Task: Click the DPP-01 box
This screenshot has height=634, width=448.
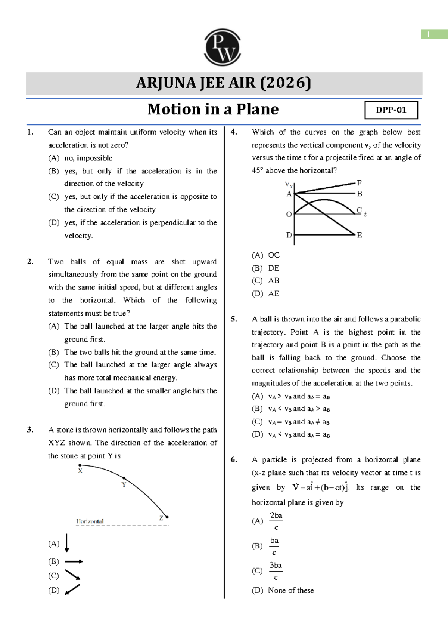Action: tap(391, 110)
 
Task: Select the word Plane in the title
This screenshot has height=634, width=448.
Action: tap(258, 110)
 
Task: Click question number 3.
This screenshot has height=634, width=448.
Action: tap(30, 430)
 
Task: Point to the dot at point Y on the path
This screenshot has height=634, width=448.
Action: tap(124, 478)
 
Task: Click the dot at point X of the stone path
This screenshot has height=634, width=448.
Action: tap(80, 465)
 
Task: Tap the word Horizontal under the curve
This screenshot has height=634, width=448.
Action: tap(90, 521)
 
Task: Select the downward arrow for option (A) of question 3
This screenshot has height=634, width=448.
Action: tap(67, 543)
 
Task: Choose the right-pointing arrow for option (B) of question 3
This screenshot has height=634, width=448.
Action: tap(74, 561)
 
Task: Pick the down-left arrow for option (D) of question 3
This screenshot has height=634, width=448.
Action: tap(72, 590)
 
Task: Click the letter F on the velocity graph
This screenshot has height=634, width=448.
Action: tap(359, 183)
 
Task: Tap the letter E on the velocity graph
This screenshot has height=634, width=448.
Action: tap(359, 235)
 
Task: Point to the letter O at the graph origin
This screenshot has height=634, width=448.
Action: tap(289, 215)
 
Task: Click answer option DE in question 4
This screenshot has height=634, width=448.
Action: tap(273, 268)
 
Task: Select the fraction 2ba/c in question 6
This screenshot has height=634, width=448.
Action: tap(276, 521)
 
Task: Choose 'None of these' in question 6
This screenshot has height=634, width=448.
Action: tap(291, 590)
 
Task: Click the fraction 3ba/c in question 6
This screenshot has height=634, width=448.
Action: tap(276, 571)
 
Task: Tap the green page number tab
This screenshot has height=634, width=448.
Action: tap(434, 34)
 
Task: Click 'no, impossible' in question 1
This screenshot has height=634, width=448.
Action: tap(88, 158)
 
